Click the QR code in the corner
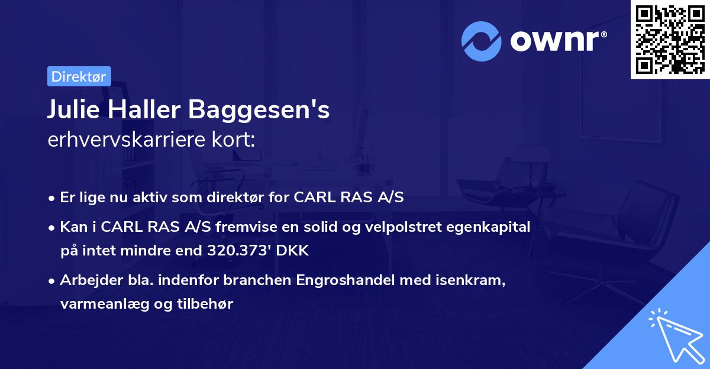[x=669, y=39]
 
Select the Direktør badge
[x=79, y=76]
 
